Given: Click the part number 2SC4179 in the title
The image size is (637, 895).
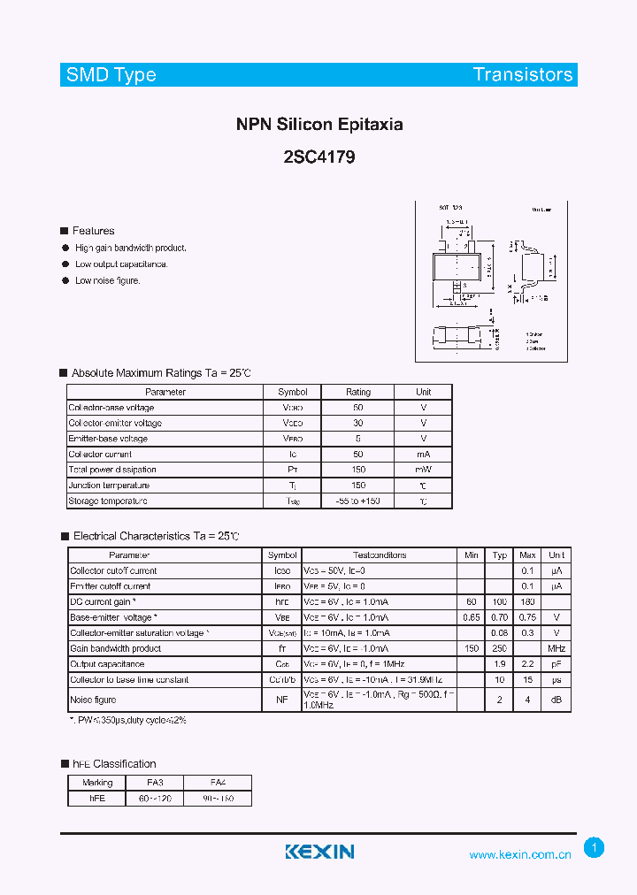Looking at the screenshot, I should coord(319,158).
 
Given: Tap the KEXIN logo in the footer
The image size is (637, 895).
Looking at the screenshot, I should coord(319,852).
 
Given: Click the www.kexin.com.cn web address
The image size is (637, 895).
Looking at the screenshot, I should coord(520,854).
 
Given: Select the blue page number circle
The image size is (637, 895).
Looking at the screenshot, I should coord(595,848).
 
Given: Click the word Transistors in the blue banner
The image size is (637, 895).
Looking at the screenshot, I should coord(523,74).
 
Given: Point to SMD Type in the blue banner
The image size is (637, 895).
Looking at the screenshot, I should coord(111,74).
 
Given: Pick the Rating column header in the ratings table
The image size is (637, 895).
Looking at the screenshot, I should coord(358,392).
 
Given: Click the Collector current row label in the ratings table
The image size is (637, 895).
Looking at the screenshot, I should coord(101,454).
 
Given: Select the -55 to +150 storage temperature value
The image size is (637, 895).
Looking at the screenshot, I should coord(358,501).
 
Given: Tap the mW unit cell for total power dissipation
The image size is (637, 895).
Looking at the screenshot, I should coord(424,470).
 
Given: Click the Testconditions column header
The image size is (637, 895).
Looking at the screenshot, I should coord(380,555).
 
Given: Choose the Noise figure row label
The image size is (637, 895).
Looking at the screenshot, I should coord(94,700).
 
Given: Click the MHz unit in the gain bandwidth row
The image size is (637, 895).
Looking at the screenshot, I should coord(556,648).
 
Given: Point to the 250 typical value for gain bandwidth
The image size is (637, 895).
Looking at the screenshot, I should coord(500,648).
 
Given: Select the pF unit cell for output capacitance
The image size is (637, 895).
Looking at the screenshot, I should coord(556,664).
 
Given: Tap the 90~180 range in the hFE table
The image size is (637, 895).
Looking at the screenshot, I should coord(218,799).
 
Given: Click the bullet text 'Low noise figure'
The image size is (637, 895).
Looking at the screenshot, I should coord(108,280).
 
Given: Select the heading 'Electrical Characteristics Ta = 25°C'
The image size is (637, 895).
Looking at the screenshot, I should coord(156,536).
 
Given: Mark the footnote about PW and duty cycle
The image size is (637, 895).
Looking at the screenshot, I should coord(128,721).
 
